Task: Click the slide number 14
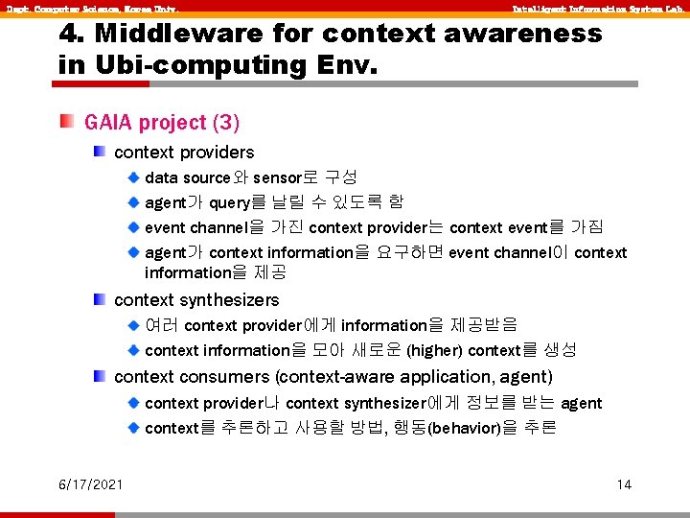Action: [x=624, y=484]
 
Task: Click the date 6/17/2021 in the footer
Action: [x=90, y=484]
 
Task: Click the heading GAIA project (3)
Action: [x=162, y=123]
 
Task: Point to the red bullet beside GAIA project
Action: [x=66, y=122]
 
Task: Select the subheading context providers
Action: [x=184, y=153]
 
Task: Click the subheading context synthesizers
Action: [x=196, y=300]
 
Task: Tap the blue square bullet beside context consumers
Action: [x=100, y=376]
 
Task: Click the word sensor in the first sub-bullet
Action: [x=277, y=177]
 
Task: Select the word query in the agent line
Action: [x=231, y=202]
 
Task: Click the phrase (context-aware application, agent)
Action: [x=414, y=377]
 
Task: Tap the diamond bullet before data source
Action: [x=134, y=177]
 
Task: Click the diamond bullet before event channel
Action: [x=134, y=227]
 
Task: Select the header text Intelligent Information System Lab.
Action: [x=596, y=9]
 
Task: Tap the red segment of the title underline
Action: [x=101, y=84]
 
